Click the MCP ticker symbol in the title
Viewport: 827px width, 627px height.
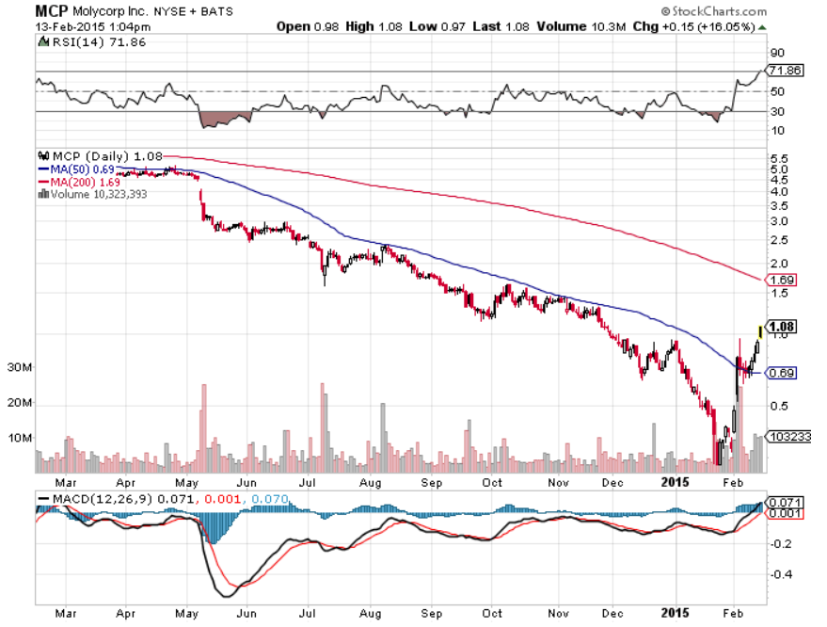tap(51, 10)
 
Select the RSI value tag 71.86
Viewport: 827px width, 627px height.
tap(785, 71)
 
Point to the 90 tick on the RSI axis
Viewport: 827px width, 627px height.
tap(777, 53)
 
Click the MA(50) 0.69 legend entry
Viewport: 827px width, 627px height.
tap(76, 169)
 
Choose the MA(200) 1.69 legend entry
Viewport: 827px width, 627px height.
tap(79, 182)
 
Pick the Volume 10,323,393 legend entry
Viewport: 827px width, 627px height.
tap(93, 194)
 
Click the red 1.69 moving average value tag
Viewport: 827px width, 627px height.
tap(781, 280)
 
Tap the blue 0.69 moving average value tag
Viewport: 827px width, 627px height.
tap(781, 373)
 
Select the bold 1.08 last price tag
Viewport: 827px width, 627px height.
tap(781, 327)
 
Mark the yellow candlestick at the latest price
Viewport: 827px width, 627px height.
tap(760, 332)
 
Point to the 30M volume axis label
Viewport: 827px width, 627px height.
tap(19, 367)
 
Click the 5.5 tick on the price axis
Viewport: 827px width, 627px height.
tap(779, 159)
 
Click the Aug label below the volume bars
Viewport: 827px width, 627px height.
tap(371, 482)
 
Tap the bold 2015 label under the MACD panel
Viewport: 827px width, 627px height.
tap(676, 613)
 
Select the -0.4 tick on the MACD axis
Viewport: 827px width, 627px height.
tap(781, 573)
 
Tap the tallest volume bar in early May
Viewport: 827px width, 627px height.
tap(204, 428)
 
